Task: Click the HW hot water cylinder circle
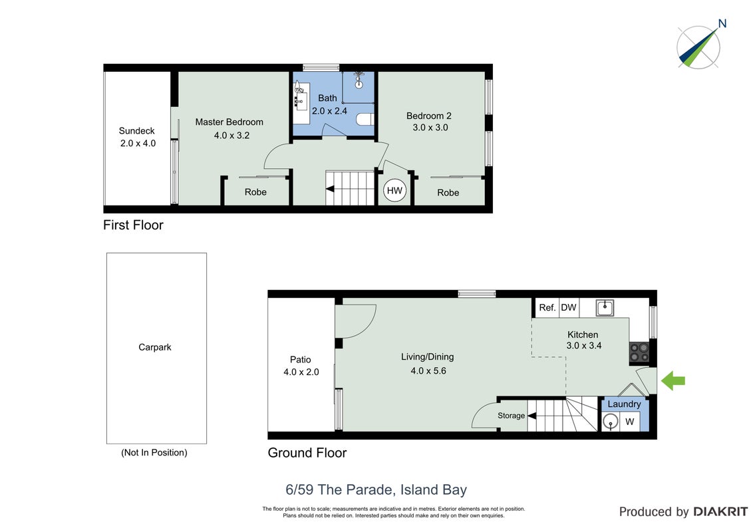coord(394,191)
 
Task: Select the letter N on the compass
coord(722,23)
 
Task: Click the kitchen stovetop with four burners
coord(639,352)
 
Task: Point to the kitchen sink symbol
coord(605,307)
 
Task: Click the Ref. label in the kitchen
coord(547,307)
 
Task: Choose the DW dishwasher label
coord(569,307)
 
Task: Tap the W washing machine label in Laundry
coord(629,422)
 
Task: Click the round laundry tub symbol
coord(611,422)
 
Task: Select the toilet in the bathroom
coord(365,120)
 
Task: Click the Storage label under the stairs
coord(511,416)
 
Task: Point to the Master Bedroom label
coord(229,122)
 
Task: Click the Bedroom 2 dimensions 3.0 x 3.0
coord(430,128)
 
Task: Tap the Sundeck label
coord(137,130)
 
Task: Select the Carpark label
coord(154,347)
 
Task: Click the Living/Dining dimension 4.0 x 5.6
coord(428,370)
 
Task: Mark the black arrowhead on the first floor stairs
coord(330,189)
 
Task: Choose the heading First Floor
coord(133,225)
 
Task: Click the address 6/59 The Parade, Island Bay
coord(376,489)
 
